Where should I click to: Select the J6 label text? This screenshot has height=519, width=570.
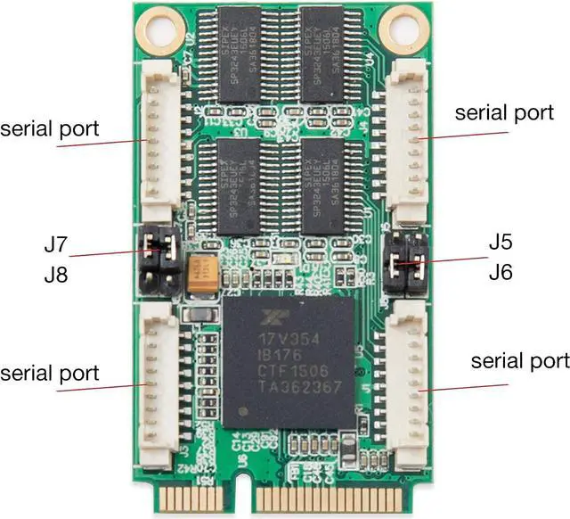tap(501, 273)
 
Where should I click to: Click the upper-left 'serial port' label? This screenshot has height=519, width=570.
tap(50, 129)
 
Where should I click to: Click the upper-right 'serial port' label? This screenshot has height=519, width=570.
tap(503, 113)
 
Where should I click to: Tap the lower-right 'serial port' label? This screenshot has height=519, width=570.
tap(519, 361)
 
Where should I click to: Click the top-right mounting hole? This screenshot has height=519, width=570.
tap(402, 29)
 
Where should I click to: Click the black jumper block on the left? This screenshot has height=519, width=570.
tap(161, 263)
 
